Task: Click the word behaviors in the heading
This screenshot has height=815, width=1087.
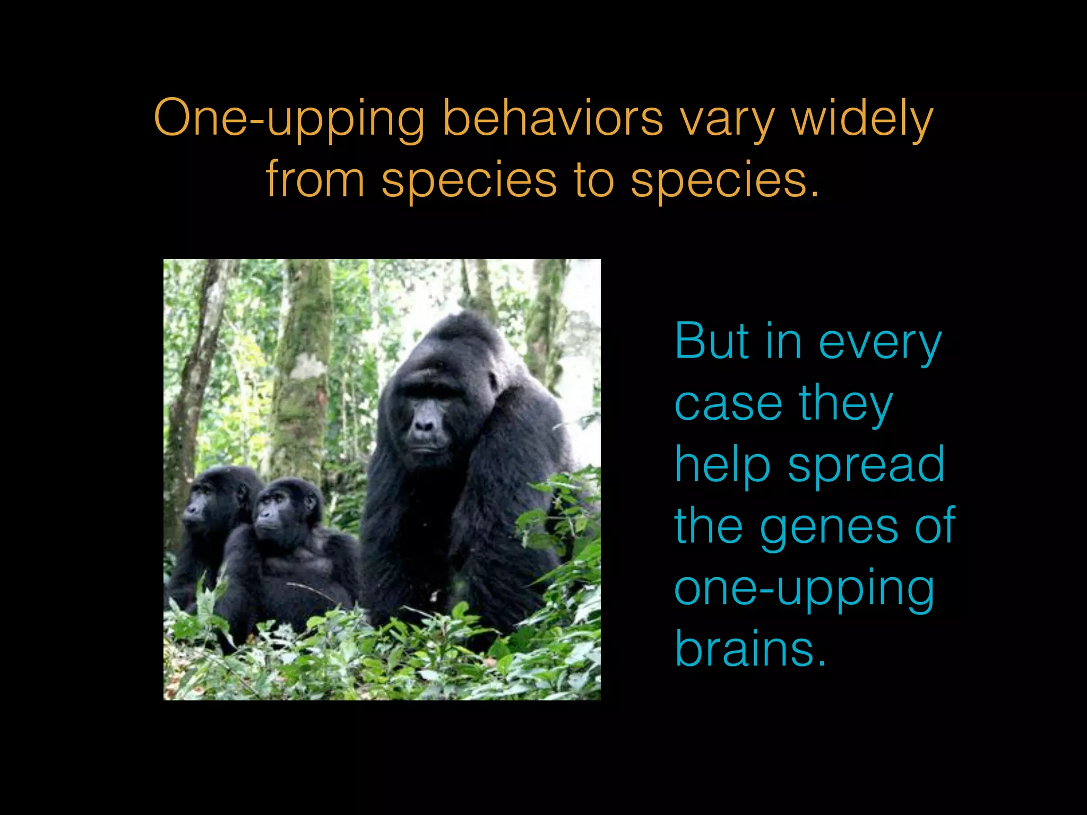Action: (553, 118)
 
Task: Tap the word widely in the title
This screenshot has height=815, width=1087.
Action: (862, 118)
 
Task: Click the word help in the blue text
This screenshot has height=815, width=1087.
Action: (722, 465)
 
